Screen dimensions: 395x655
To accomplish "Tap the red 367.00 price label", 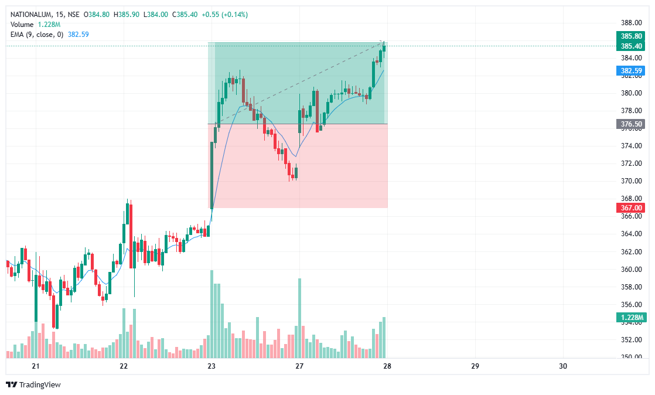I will click(x=631, y=208).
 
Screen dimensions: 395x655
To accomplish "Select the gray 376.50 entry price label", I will click(x=631, y=124).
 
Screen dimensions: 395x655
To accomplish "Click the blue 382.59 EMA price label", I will click(x=631, y=71).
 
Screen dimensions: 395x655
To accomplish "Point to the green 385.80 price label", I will click(x=631, y=36).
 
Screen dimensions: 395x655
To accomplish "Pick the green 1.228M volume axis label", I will click(x=631, y=318).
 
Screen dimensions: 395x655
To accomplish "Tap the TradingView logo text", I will click(x=40, y=385).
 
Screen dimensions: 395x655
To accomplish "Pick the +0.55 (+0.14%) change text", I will click(x=224, y=15).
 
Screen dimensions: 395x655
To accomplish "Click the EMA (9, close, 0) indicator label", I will click(x=36, y=35).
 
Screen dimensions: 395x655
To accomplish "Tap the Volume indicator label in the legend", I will click(x=22, y=25).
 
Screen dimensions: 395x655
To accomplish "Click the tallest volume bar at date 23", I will click(x=211, y=314).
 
